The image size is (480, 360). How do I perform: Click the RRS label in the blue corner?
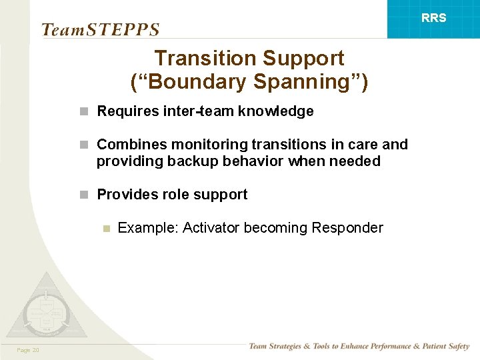pyautogui.click(x=433, y=18)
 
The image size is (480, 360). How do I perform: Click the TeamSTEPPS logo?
pyautogui.click(x=100, y=30)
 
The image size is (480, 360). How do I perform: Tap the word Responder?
pyautogui.click(x=347, y=228)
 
